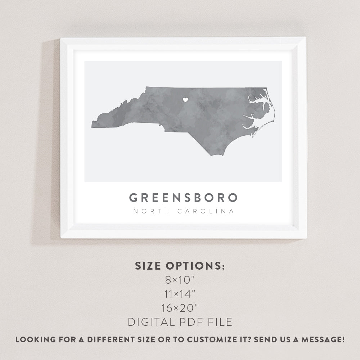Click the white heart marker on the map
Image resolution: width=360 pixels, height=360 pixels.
pyautogui.click(x=185, y=100)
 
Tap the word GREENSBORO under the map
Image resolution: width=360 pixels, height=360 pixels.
pyautogui.click(x=184, y=198)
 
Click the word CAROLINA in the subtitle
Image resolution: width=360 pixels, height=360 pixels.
pyautogui.click(x=206, y=211)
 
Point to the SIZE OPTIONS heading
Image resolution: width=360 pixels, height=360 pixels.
pyautogui.click(x=180, y=266)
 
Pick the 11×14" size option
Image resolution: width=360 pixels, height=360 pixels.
pyautogui.click(x=180, y=294)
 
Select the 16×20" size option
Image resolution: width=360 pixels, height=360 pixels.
pyautogui.click(x=180, y=308)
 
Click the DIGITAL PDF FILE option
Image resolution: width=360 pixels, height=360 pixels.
pyautogui.click(x=180, y=322)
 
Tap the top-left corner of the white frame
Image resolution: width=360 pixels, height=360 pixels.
pyautogui.click(x=61, y=38)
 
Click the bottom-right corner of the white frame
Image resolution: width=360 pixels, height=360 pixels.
pyautogui.click(x=306, y=238)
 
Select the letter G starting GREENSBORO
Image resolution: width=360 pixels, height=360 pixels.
pyautogui.click(x=133, y=198)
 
